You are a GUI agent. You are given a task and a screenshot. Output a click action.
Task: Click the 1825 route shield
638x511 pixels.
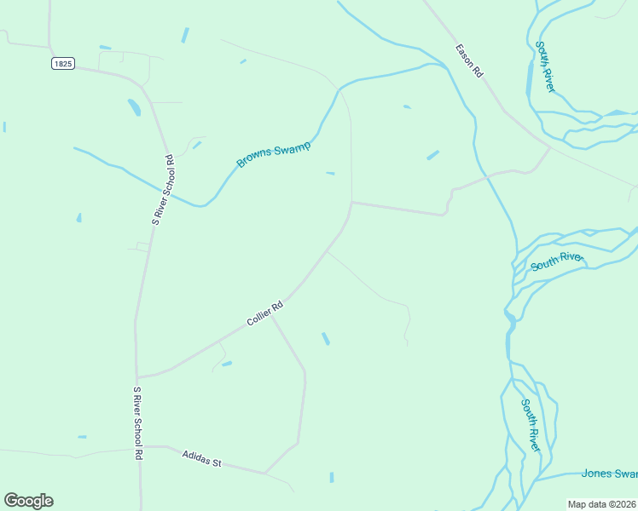(62, 63)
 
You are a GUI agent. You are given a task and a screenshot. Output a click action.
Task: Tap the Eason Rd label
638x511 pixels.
(470, 61)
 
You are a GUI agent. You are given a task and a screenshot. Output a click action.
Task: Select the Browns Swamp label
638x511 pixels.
(273, 155)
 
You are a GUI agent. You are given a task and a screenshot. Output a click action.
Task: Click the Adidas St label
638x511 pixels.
(201, 458)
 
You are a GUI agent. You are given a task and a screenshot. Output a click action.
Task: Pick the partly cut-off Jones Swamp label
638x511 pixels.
(609, 474)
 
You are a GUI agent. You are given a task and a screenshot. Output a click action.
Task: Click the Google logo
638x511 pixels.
(28, 501)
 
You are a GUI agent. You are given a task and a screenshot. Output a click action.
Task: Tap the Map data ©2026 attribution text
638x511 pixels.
(602, 504)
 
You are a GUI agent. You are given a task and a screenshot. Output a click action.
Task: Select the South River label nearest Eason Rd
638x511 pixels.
(545, 67)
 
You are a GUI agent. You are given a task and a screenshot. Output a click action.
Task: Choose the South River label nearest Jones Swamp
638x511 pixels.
(531, 426)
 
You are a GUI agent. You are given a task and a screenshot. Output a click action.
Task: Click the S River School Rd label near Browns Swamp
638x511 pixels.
(163, 189)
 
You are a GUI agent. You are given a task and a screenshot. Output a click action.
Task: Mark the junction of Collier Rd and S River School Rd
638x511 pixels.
(136, 376)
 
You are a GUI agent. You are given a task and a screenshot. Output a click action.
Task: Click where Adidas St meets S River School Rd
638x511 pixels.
(139, 447)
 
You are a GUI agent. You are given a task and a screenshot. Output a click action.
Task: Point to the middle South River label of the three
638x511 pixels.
(556, 261)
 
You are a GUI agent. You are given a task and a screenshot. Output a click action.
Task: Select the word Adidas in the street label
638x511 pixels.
(194, 456)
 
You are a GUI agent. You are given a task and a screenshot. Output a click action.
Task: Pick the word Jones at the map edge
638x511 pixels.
(595, 474)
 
